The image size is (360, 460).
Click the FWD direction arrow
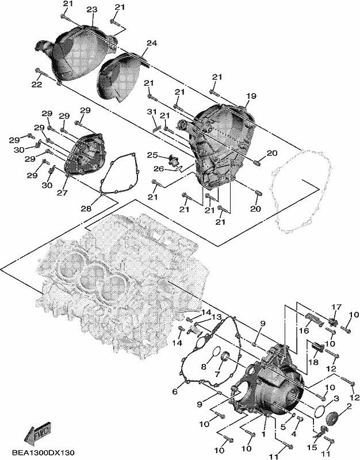38,431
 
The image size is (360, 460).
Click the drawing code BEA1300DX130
43,453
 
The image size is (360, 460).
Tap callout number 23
92,10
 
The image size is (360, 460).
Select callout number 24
152,43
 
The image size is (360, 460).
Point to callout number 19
251,96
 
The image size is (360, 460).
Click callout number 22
37,84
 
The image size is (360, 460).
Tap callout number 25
152,155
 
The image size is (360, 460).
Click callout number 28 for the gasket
87,209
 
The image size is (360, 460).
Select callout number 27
62,193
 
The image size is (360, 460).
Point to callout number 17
336,307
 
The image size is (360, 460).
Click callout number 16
304,331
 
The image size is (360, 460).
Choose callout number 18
313,362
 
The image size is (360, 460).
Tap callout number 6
175,392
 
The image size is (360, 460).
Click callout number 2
349,407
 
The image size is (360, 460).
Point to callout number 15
312,447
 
